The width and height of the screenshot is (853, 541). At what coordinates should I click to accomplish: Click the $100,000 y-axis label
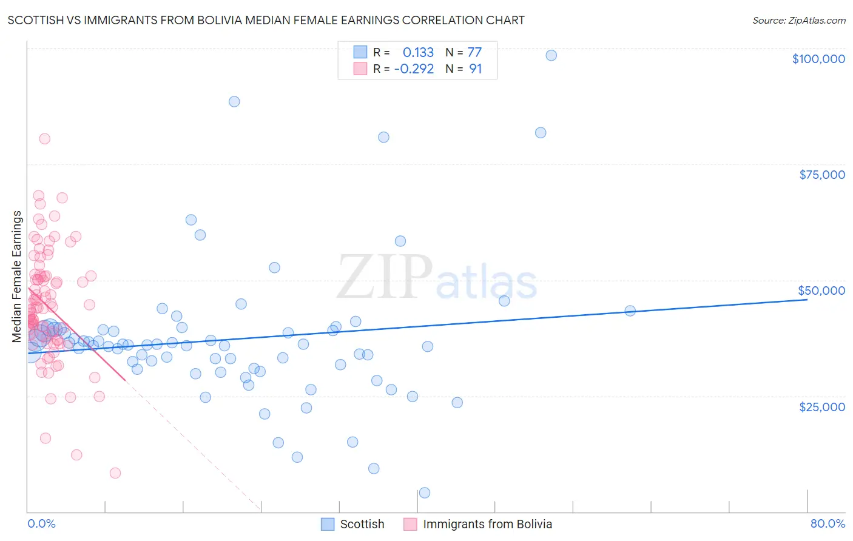tap(818, 59)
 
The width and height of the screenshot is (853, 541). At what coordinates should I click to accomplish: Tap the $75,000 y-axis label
tap(821, 175)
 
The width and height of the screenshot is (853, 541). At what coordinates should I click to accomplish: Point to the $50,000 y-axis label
tap(821, 291)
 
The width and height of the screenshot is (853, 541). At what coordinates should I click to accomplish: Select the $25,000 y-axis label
tap(821, 406)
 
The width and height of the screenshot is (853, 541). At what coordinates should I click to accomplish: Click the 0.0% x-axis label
tap(41, 523)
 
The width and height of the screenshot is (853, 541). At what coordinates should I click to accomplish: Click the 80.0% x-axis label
tap(828, 523)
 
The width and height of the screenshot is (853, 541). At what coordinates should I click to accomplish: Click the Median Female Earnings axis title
tap(17, 277)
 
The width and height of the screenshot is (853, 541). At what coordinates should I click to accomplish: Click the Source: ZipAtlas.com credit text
tap(798, 20)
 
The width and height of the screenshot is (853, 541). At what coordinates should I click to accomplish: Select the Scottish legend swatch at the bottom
tap(328, 524)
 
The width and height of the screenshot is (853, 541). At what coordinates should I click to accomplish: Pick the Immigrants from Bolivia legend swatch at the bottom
tap(410, 524)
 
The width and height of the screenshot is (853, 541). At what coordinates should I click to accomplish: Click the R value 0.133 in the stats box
tap(418, 52)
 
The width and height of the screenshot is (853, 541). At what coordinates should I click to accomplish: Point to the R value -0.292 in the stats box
tap(414, 69)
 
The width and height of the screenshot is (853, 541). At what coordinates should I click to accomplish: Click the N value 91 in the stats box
tap(475, 69)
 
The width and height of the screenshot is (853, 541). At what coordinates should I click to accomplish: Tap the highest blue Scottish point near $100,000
tap(551, 55)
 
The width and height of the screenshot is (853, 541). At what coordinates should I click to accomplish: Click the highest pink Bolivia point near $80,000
tap(44, 138)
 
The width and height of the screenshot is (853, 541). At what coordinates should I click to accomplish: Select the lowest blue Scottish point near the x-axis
tap(425, 492)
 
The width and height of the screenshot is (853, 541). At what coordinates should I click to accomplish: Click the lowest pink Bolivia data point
tap(115, 473)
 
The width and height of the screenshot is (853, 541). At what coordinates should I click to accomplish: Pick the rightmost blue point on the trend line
tap(630, 311)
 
